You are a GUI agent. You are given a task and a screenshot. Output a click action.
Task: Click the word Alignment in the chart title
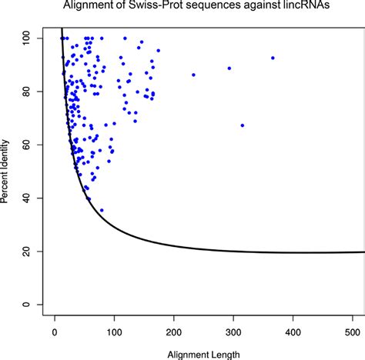coord(112,8)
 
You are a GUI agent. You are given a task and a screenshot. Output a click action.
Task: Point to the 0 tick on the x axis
coord(55,332)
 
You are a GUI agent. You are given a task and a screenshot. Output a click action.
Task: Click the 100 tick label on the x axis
coord(115,332)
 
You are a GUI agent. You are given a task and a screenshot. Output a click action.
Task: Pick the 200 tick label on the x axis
coord(174,332)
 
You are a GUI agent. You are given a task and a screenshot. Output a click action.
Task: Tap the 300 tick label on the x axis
coord(234,332)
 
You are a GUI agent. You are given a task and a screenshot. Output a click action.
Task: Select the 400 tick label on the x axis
coord(293,332)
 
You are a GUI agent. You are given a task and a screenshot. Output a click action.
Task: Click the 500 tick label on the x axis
coord(353,332)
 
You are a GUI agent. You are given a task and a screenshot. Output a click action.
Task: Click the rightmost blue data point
coord(273,58)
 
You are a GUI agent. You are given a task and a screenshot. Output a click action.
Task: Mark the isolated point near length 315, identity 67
coord(243,125)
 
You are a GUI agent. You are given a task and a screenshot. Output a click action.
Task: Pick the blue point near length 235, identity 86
coord(193,75)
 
